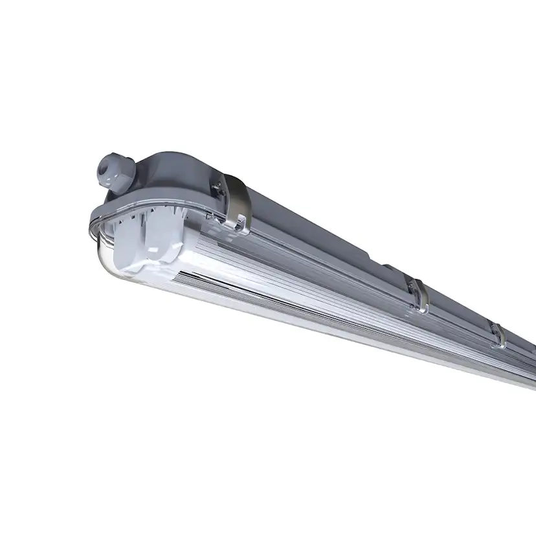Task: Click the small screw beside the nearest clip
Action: click(218, 186)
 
